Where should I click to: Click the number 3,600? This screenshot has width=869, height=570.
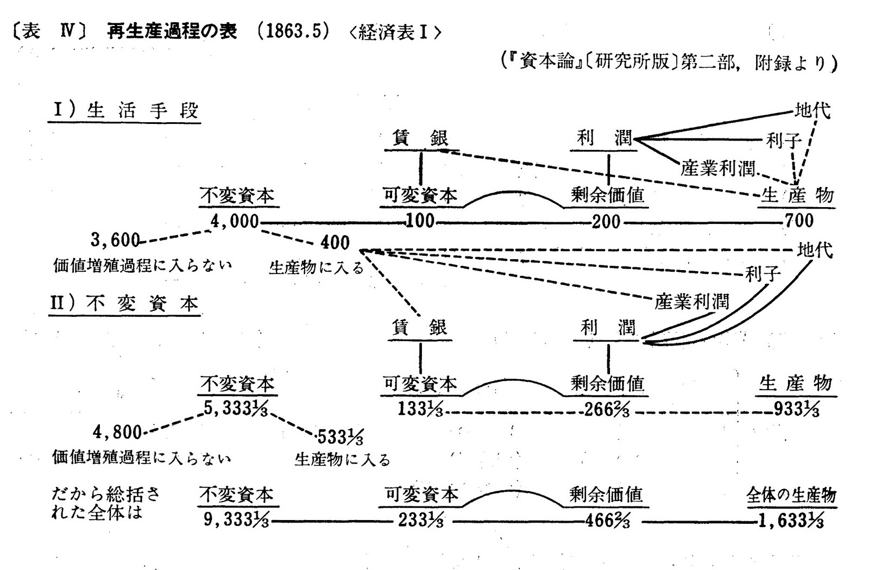(x=115, y=240)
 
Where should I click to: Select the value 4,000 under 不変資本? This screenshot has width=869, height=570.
(x=235, y=221)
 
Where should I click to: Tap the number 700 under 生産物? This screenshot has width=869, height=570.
(x=799, y=221)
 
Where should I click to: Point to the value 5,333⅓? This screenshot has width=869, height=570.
(x=236, y=409)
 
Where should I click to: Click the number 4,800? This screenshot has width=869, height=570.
(x=117, y=433)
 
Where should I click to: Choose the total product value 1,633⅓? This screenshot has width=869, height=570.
(x=791, y=521)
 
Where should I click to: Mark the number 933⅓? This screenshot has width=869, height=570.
(x=796, y=409)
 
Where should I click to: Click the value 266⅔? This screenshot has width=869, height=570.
(x=607, y=409)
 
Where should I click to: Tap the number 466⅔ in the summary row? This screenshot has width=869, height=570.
(x=607, y=521)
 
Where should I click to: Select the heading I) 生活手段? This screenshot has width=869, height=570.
(x=125, y=111)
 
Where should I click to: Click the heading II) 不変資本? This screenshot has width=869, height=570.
(x=124, y=303)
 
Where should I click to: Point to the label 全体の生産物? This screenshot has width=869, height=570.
(x=791, y=495)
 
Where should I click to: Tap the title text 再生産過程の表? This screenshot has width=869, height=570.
(x=172, y=32)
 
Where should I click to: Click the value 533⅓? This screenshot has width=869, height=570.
(x=340, y=436)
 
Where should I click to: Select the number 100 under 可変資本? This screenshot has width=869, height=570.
(x=420, y=221)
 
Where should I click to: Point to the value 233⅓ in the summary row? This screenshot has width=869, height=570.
(x=420, y=521)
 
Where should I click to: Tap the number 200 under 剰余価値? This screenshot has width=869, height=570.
(x=606, y=221)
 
